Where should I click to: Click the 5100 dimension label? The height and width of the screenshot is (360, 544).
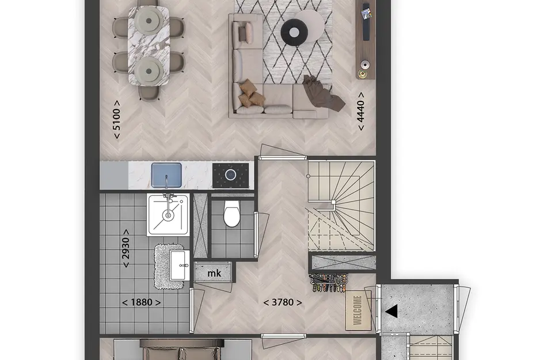pyautogui.click(x=117, y=120)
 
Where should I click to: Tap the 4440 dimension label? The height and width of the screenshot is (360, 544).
pyautogui.click(x=361, y=111)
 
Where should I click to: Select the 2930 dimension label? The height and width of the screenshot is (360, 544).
pyautogui.click(x=126, y=248)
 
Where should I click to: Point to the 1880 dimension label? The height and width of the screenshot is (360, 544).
pyautogui.click(x=141, y=302)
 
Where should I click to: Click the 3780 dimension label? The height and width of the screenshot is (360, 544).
pyautogui.click(x=283, y=302)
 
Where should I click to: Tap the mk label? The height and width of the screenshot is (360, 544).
pyautogui.click(x=214, y=273)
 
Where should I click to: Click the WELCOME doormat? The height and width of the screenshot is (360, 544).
pyautogui.click(x=358, y=310)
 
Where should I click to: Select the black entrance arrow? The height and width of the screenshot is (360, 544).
pyautogui.click(x=391, y=311)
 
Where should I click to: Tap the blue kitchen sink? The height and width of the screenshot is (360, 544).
pyautogui.click(x=166, y=175)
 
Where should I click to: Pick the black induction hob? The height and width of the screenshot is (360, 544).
pyautogui.click(x=231, y=175)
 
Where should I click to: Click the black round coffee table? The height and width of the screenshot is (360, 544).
pyautogui.click(x=294, y=32)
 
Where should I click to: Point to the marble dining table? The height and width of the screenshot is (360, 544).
pyautogui.click(x=149, y=46)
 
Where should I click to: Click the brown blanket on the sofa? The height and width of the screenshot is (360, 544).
pyautogui.click(x=324, y=93)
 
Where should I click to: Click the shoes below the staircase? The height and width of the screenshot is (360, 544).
pyautogui.click(x=329, y=282)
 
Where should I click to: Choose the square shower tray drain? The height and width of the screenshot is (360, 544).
pyautogui.click(x=168, y=215)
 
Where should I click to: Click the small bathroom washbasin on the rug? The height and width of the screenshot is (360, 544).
pyautogui.click(x=180, y=266)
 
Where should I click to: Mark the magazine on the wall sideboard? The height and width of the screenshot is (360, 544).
pyautogui.click(x=366, y=14)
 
